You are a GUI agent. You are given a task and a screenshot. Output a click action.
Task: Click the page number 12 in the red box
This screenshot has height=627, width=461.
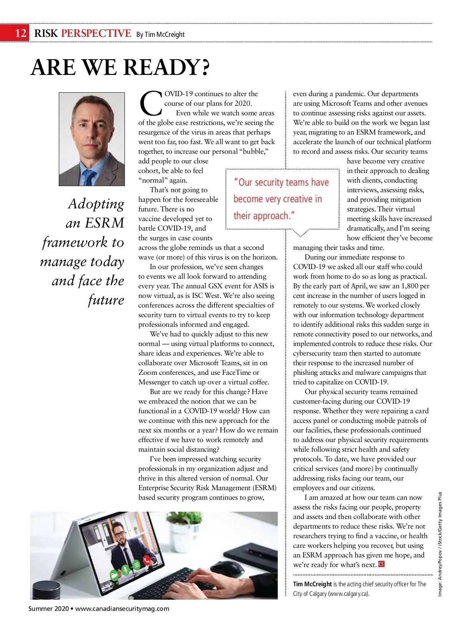21,33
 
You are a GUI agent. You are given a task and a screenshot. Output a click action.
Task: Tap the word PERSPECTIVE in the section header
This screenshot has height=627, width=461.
96,33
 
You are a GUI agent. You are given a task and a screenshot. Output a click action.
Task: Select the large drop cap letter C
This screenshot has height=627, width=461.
151,103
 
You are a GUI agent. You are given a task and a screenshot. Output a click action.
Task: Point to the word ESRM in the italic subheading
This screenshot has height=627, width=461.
104,223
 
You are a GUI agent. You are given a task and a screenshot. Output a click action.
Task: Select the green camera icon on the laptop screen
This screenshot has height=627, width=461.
114,575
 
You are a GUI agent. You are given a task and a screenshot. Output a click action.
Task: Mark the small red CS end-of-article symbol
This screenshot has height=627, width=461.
381,564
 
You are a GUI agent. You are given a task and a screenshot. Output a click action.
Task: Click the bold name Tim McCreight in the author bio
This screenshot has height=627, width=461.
312,584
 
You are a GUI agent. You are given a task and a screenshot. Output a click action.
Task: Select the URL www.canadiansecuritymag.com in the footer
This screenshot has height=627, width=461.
122,609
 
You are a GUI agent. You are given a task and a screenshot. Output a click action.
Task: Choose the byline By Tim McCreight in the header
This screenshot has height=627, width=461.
161,35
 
